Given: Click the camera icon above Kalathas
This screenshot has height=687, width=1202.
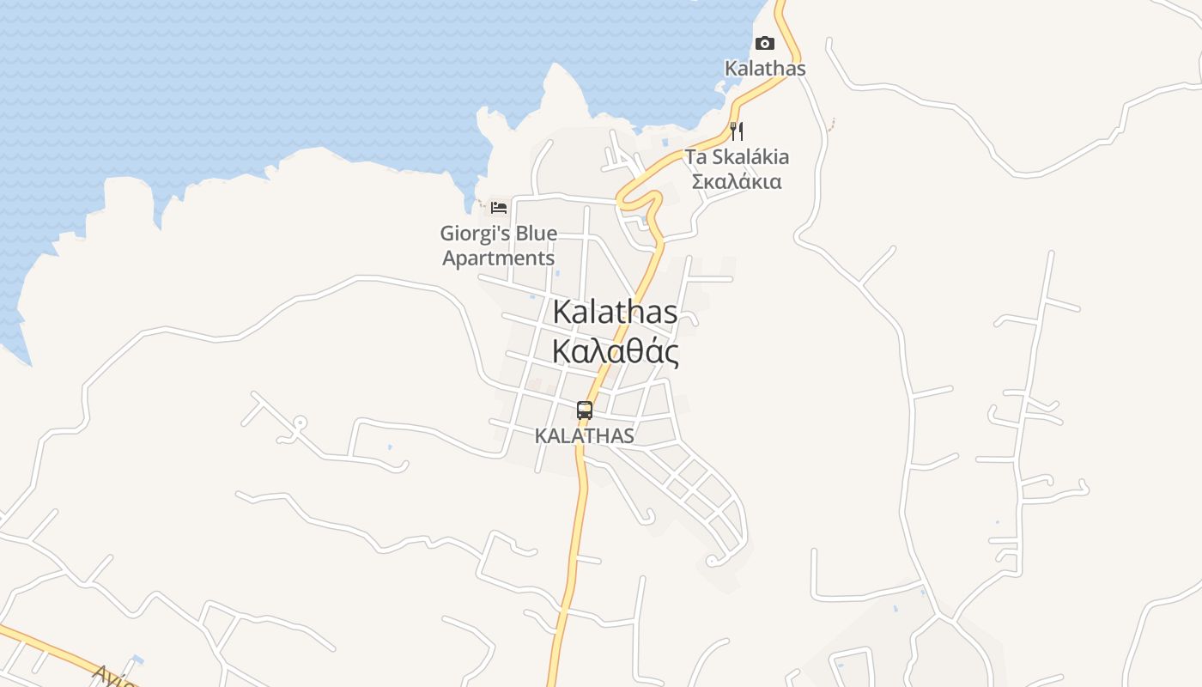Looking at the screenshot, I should pos(764,44).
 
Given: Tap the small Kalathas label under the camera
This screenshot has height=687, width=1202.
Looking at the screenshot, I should pos(765,68).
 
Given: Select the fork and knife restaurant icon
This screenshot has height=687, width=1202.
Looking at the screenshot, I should pos(736,131).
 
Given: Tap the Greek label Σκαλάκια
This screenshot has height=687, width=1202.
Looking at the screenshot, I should pos(737,181).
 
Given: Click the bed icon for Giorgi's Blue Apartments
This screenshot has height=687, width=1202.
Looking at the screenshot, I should pos(499,208).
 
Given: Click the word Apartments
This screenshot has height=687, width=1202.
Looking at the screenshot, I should pos(498,258).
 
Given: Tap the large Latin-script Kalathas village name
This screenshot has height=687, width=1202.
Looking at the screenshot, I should pos(615,312).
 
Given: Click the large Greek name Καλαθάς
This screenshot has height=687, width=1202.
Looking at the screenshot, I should pos(615,351).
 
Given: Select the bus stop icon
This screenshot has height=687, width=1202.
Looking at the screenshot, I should pos(585,410).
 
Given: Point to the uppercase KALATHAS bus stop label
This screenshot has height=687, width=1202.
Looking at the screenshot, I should pos(584,435).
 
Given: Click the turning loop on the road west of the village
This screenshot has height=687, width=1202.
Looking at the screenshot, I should pos(300,423).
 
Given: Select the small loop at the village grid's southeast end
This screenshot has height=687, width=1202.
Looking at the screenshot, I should pos(711,562).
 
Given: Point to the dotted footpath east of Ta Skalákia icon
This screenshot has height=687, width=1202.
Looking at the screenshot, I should pos(831,125).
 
